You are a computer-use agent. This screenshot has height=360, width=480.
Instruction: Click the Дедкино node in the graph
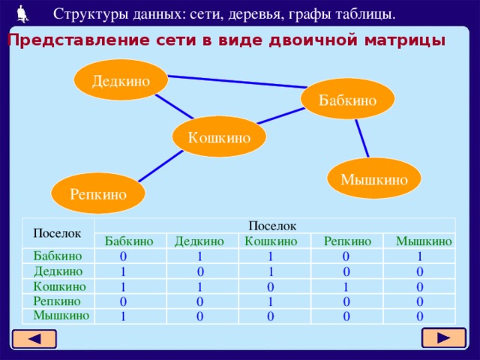tap(120, 79)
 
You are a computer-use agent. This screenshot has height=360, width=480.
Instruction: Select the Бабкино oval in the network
tap(347, 99)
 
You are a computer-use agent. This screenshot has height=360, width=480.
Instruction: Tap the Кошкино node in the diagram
tap(219, 136)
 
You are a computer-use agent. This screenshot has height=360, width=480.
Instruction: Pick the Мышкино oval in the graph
tap(374, 178)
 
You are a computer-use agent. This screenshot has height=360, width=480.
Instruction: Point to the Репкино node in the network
tap(97, 193)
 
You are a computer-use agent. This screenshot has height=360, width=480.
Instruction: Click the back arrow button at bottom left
tap(34, 339)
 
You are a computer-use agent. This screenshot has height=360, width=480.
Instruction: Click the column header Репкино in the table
tap(346, 241)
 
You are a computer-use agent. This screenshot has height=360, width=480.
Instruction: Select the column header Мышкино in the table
tap(424, 241)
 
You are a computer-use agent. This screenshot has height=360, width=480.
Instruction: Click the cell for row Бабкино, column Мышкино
tap(420, 256)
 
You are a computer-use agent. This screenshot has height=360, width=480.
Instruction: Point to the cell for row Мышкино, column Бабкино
tap(122, 316)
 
